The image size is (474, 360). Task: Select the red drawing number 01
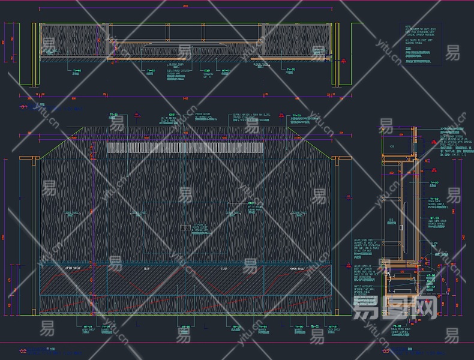[23, 107]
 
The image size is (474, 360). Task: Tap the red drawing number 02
[23, 350]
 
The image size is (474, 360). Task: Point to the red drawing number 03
[385, 350]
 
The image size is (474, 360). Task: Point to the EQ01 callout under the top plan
[207, 70]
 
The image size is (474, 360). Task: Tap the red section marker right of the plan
[343, 61]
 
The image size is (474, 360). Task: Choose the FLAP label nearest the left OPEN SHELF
[146, 269]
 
